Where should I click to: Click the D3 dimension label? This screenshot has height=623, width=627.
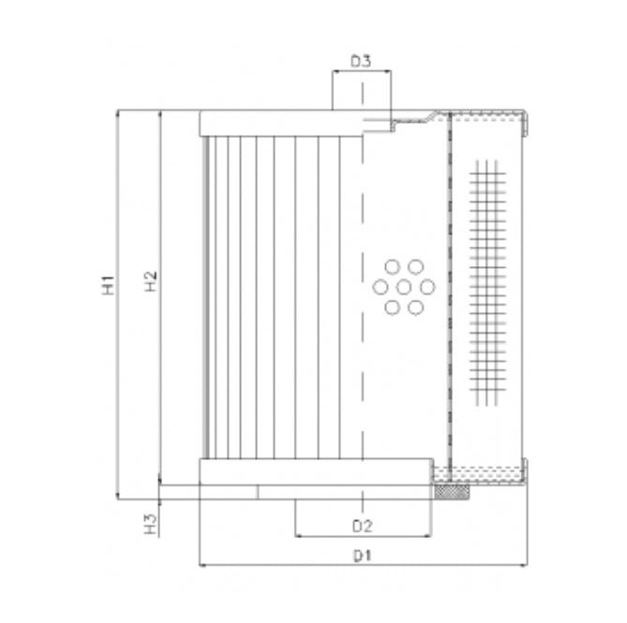click(362, 61)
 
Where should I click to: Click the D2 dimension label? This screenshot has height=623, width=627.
click(363, 524)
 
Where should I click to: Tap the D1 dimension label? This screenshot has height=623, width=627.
click(363, 556)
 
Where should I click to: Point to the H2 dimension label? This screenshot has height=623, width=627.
click(150, 282)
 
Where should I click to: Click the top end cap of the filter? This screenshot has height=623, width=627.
click(281, 123)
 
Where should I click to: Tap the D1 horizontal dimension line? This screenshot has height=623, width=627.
click(281, 566)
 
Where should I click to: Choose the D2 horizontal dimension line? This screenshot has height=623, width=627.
click(328, 535)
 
